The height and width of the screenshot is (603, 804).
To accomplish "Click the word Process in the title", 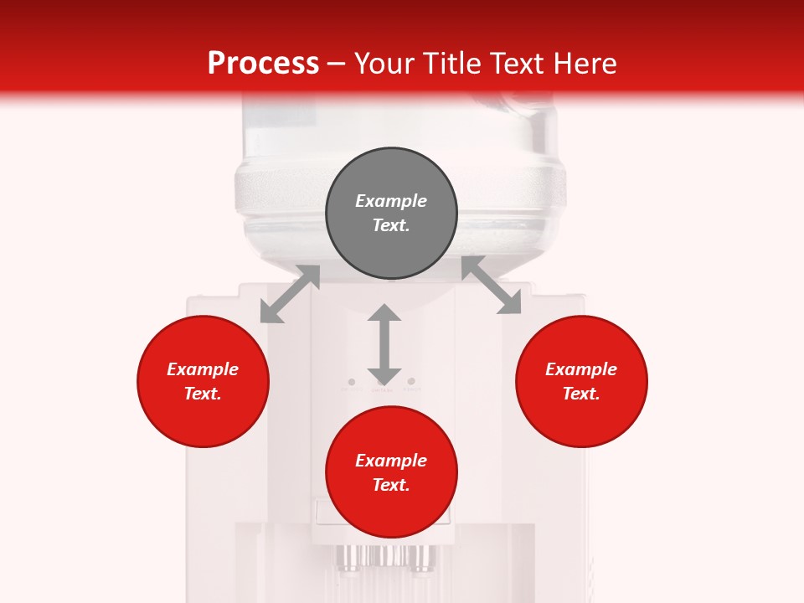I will click(x=263, y=64).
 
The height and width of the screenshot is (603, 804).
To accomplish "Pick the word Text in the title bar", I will click(x=515, y=64).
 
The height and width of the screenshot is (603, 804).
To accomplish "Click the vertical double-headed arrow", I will click(x=384, y=343).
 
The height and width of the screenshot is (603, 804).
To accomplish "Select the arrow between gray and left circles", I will click(x=290, y=294).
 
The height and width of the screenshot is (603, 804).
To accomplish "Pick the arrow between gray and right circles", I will click(x=492, y=286).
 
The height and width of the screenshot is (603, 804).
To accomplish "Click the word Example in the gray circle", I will click(x=391, y=201).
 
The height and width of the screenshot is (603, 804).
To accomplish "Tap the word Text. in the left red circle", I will click(x=203, y=394).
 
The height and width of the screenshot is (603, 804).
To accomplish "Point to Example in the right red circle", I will click(x=581, y=369).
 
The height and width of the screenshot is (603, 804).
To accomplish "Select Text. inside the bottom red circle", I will click(x=391, y=485).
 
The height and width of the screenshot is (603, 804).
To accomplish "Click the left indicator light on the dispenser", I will click(x=351, y=382).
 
